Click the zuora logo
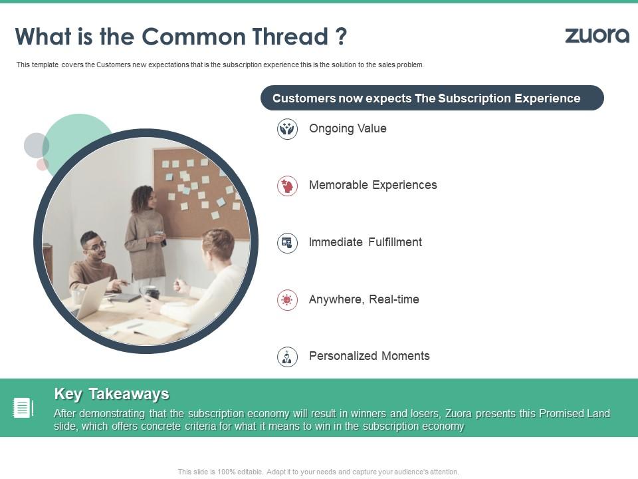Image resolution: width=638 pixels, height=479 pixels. [x=597, y=36]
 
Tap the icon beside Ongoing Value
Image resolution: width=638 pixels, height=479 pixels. [x=287, y=129]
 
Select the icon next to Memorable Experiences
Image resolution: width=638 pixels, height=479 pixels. [x=287, y=186]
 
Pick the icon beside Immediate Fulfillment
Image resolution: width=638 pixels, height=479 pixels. [x=287, y=243]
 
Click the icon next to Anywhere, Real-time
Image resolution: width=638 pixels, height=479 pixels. [x=287, y=300]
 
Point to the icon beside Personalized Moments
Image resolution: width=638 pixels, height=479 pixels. [x=287, y=357]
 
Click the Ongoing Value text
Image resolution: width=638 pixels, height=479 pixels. [x=348, y=128]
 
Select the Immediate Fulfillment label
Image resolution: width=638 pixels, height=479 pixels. [x=365, y=242]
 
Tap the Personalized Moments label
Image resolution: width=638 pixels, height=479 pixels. [x=369, y=356]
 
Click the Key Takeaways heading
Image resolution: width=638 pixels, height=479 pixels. [x=112, y=394]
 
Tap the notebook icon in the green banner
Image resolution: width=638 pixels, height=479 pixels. [x=23, y=408]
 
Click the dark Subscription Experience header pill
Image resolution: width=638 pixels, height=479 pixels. [x=432, y=98]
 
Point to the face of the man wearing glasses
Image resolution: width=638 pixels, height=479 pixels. [x=94, y=246]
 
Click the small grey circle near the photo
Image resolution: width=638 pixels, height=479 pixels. [x=36, y=145]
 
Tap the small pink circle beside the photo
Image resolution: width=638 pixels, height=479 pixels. [x=43, y=164]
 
